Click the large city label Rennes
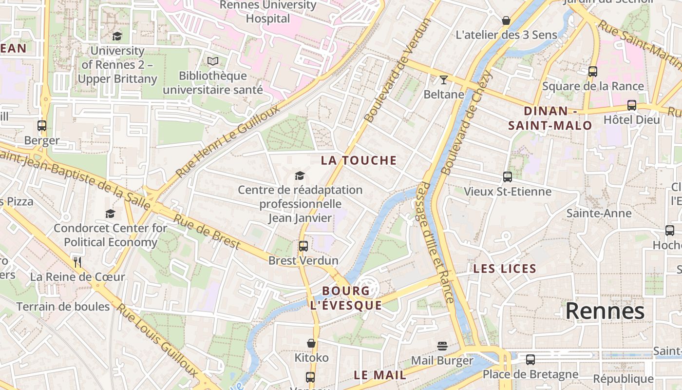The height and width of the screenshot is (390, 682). [605, 311]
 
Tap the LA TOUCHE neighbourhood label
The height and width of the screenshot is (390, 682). [359, 160]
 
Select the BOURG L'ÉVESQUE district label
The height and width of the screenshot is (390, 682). [346, 298]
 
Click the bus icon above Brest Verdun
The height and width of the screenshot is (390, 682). [303, 246]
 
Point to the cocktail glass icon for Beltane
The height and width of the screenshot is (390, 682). [444, 80]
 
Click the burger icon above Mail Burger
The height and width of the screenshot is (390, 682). [442, 346]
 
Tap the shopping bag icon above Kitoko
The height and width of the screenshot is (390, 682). [311, 344]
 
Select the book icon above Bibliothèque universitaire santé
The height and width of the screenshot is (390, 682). [213, 61]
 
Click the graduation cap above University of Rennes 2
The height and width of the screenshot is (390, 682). [117, 36]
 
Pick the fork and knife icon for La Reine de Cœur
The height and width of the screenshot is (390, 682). [77, 262]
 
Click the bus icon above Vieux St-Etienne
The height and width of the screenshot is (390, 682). [508, 177]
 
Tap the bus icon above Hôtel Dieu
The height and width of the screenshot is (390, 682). [632, 105]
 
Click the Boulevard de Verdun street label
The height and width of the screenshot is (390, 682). [398, 71]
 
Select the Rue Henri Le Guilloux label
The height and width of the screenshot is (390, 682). [227, 141]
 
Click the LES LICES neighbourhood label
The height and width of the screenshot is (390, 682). [505, 269]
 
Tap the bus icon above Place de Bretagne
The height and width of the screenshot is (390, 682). [530, 360]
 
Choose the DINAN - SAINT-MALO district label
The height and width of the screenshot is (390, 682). [550, 118]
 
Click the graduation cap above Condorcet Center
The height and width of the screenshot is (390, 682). [111, 214]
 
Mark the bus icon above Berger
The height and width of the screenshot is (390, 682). [42, 126]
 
